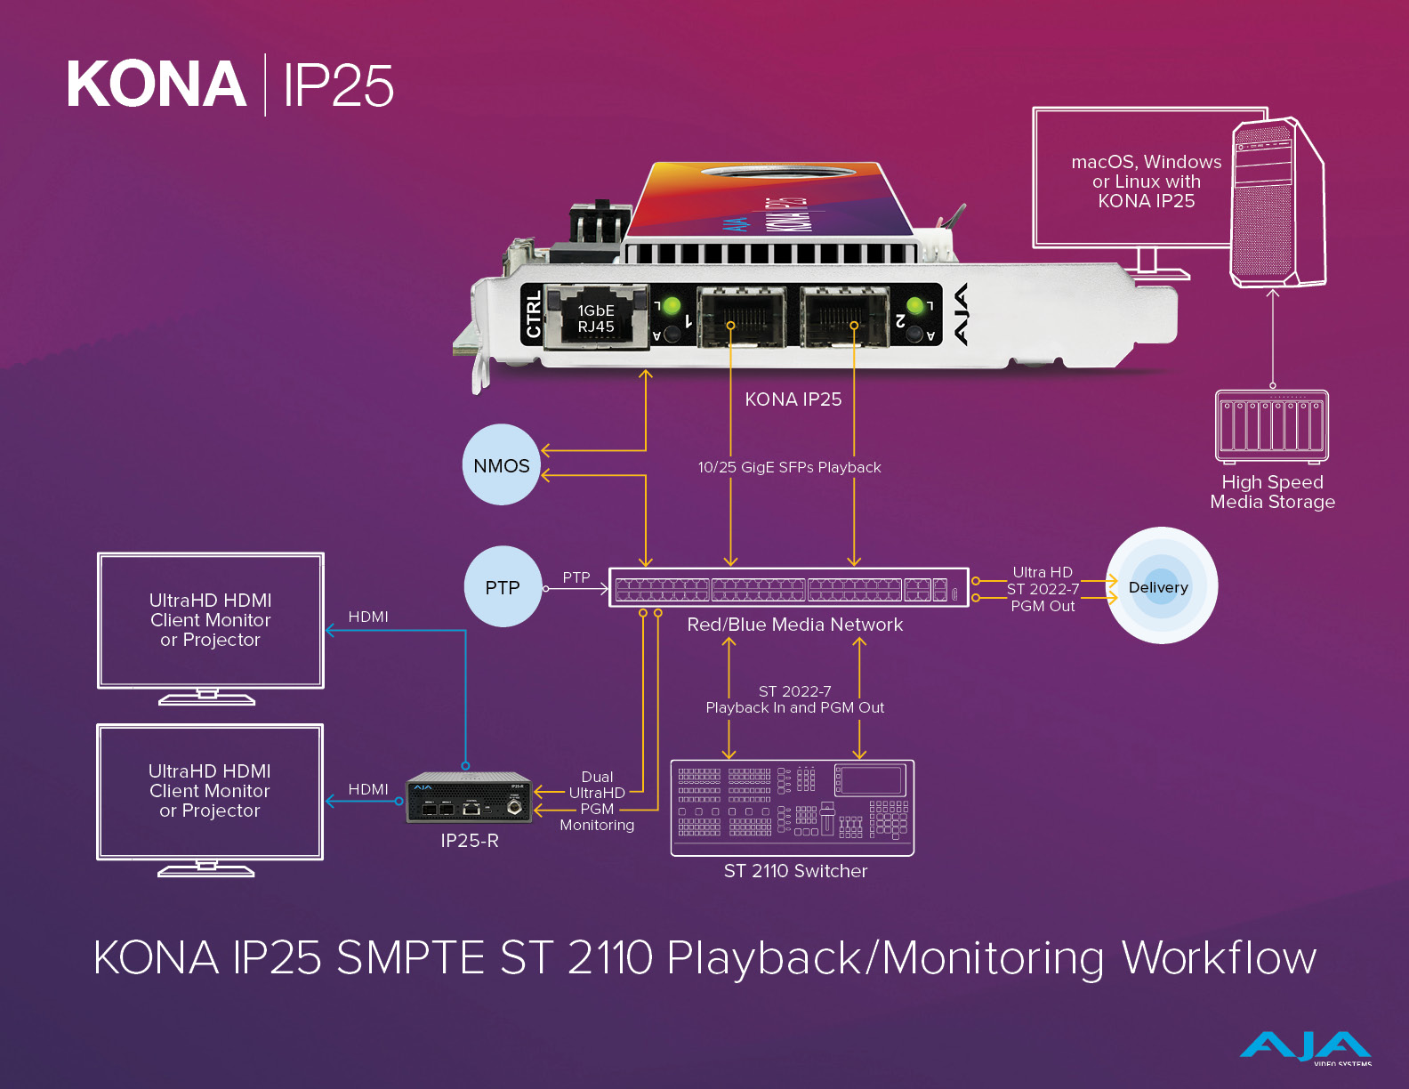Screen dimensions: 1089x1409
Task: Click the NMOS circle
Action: tap(502, 464)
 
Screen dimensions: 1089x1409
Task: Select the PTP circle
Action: tap(503, 587)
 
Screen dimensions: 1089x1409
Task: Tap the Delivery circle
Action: tap(1161, 586)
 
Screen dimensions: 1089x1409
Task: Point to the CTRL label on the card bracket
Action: tap(533, 315)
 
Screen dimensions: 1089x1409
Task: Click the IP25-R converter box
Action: tap(469, 797)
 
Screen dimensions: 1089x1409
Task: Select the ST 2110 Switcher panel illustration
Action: tap(793, 808)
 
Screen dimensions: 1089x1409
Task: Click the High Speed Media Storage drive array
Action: tap(1272, 425)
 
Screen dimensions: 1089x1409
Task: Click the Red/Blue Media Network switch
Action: tap(788, 588)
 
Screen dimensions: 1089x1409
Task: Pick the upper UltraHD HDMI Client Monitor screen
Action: tap(211, 620)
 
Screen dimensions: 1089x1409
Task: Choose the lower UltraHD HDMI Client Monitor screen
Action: tap(210, 791)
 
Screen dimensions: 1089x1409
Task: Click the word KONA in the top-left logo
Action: tap(157, 85)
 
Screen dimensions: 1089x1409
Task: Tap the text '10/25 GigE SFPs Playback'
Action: tap(789, 467)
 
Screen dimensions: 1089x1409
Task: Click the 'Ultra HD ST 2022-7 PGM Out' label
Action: tap(1043, 589)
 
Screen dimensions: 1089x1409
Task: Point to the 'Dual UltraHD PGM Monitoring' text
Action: tap(597, 801)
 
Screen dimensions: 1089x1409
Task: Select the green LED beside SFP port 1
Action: tap(672, 306)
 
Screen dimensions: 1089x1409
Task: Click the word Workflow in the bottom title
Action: tap(1219, 958)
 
